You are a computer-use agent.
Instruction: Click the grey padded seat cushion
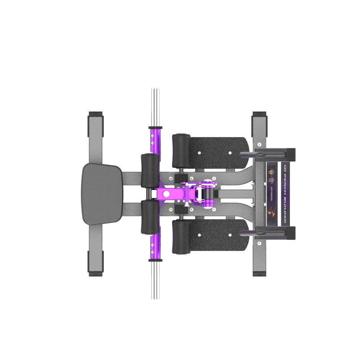coord(102,194)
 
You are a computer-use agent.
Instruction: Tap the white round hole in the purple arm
coord(166,194)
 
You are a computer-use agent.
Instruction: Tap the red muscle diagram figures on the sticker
coord(271,180)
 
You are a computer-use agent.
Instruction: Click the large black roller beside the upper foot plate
coord(181,151)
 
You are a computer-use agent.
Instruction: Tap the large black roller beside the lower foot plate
coord(181,237)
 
